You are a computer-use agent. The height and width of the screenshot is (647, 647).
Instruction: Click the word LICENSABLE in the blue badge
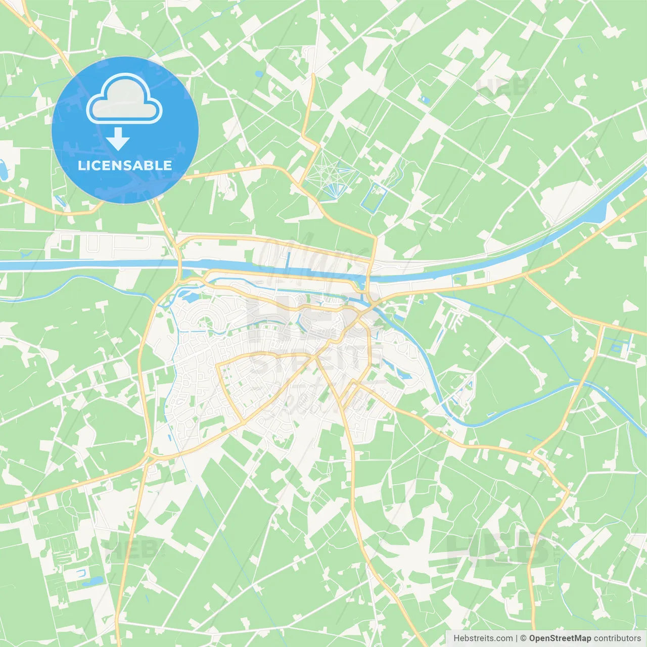point(125,165)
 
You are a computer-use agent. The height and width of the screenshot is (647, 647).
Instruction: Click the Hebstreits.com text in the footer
point(483,638)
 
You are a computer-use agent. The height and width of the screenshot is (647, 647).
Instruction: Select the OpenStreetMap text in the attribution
point(560,638)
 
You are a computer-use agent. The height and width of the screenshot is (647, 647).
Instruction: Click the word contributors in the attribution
point(617,638)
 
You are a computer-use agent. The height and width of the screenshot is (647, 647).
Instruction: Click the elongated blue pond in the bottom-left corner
point(93,581)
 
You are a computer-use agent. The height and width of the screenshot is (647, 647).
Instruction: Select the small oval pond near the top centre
point(259,74)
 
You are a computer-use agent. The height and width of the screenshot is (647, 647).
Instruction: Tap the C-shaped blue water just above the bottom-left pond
point(81,573)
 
